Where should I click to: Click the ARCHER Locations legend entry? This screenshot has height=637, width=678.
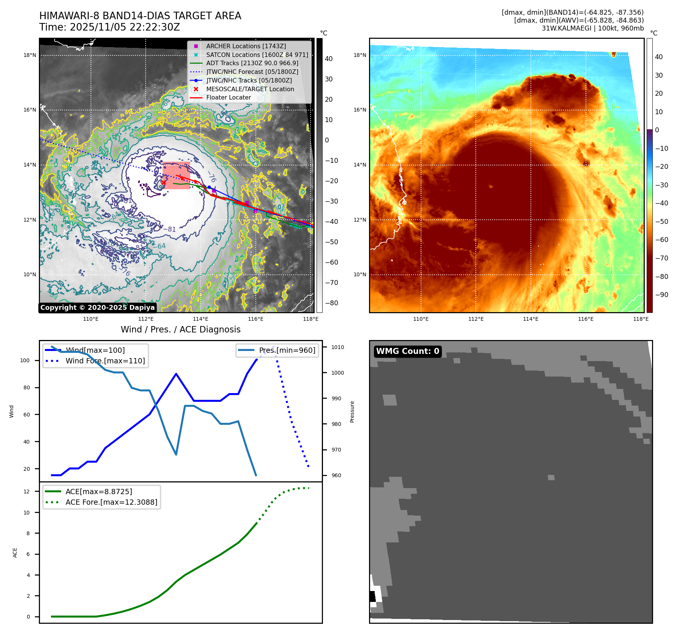pyautogui.click(x=246, y=46)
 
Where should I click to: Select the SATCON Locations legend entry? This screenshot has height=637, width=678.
pyautogui.click(x=257, y=55)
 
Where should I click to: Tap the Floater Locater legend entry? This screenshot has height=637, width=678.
pyautogui.click(x=228, y=97)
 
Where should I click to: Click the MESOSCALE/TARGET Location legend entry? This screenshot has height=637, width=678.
pyautogui.click(x=250, y=89)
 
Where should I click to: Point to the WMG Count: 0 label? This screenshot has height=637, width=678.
pyautogui.click(x=407, y=351)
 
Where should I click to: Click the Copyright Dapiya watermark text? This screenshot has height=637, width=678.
pyautogui.click(x=97, y=308)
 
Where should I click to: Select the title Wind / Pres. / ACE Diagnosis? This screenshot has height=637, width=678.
pyautogui.click(x=180, y=329)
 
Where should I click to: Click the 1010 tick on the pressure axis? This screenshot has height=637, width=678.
pyautogui.click(x=338, y=347)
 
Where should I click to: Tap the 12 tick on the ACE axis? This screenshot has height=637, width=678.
pyautogui.click(x=26, y=492)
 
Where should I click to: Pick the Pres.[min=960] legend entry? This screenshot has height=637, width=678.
pyautogui.click(x=287, y=350)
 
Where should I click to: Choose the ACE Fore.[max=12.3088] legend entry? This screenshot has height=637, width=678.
pyautogui.click(x=111, y=502)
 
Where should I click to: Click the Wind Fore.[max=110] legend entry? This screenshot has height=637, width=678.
pyautogui.click(x=105, y=361)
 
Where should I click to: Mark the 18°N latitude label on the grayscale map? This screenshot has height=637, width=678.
pyautogui.click(x=30, y=55)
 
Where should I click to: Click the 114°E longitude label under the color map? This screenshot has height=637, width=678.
pyautogui.click(x=530, y=319)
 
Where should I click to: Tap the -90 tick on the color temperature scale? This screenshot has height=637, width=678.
pyautogui.click(x=661, y=295)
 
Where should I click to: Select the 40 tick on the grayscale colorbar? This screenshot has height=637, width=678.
pyautogui.click(x=329, y=59)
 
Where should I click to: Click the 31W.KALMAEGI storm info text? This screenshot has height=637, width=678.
pyautogui.click(x=592, y=28)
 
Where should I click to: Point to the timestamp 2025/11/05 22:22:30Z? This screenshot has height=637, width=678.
pyautogui.click(x=125, y=27)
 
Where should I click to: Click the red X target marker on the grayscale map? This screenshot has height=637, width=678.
pyautogui.click(x=163, y=183)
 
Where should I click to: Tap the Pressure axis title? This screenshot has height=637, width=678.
pyautogui.click(x=352, y=412)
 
